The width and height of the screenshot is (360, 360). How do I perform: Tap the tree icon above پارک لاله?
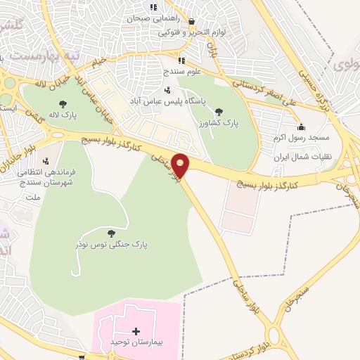(x=63, y=104)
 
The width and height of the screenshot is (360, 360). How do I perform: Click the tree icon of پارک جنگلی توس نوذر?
(x=110, y=233)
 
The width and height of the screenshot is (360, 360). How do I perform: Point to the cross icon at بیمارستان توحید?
(x=136, y=330)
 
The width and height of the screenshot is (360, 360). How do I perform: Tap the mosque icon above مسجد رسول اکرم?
(x=301, y=127)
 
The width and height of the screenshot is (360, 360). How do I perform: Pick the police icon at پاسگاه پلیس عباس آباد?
(x=167, y=90)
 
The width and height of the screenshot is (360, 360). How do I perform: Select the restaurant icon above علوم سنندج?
(x=181, y=60)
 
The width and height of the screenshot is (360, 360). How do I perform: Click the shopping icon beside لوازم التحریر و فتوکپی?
(x=191, y=22)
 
